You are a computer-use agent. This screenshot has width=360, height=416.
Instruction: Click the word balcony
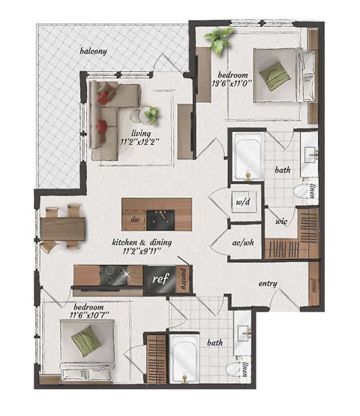click(x=95, y=51)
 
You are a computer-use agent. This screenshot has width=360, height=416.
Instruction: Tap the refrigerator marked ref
click(x=159, y=278)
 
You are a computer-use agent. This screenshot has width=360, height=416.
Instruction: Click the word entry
click(x=268, y=283)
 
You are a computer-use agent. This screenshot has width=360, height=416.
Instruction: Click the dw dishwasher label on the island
click(x=136, y=219)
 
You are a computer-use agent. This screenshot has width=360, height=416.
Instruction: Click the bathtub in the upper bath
click(x=247, y=157)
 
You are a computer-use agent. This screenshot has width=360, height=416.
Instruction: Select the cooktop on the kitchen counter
click(x=114, y=277)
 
